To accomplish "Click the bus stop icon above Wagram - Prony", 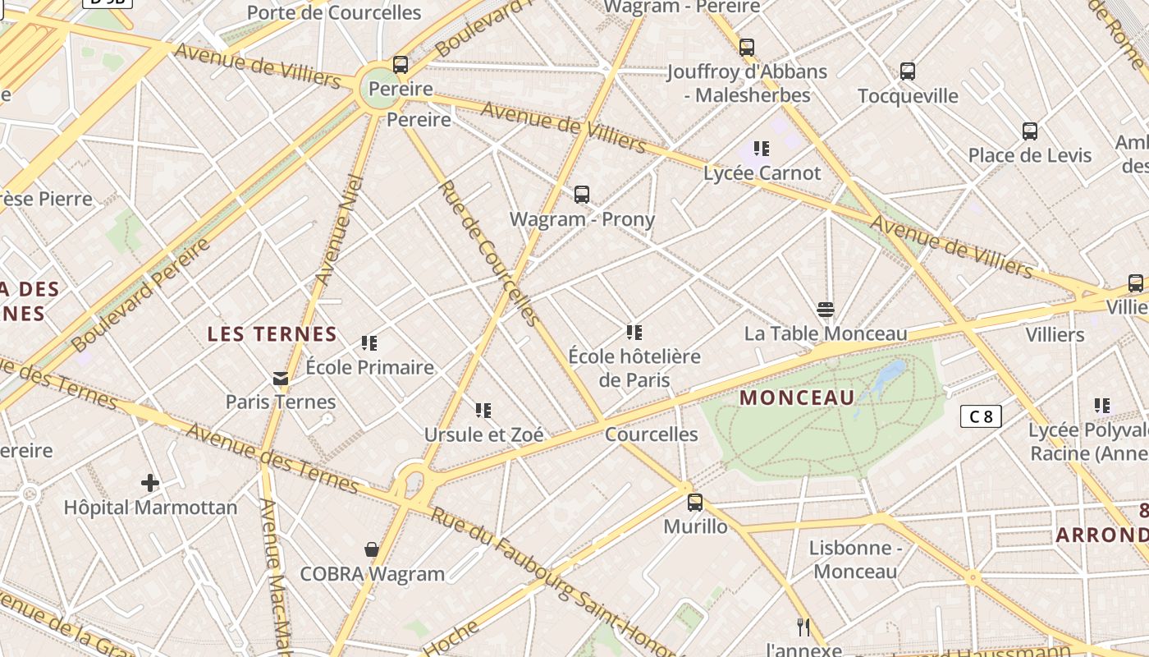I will pyautogui.click(x=582, y=195).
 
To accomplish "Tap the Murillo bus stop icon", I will pyautogui.click(x=695, y=502).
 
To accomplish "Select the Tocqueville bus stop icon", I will pyautogui.click(x=908, y=71).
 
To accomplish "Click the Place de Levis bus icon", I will pyautogui.click(x=1030, y=131).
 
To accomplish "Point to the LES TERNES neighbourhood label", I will pyautogui.click(x=272, y=334).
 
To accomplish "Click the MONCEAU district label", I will pyautogui.click(x=797, y=398).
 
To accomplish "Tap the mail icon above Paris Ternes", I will pyautogui.click(x=281, y=379).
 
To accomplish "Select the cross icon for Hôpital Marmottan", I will pyautogui.click(x=150, y=482).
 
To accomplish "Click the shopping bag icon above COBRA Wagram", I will pyautogui.click(x=372, y=549).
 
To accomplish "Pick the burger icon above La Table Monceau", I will pyautogui.click(x=826, y=310).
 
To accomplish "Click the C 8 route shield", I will pyautogui.click(x=981, y=416).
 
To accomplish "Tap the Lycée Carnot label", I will pyautogui.click(x=762, y=173).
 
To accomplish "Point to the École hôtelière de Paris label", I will pyautogui.click(x=634, y=368).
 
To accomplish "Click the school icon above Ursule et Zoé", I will pyautogui.click(x=483, y=410).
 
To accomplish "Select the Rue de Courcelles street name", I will pyautogui.click(x=489, y=253).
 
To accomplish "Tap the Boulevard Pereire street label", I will pyautogui.click(x=140, y=294).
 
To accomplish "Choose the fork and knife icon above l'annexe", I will pyautogui.click(x=803, y=627).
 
